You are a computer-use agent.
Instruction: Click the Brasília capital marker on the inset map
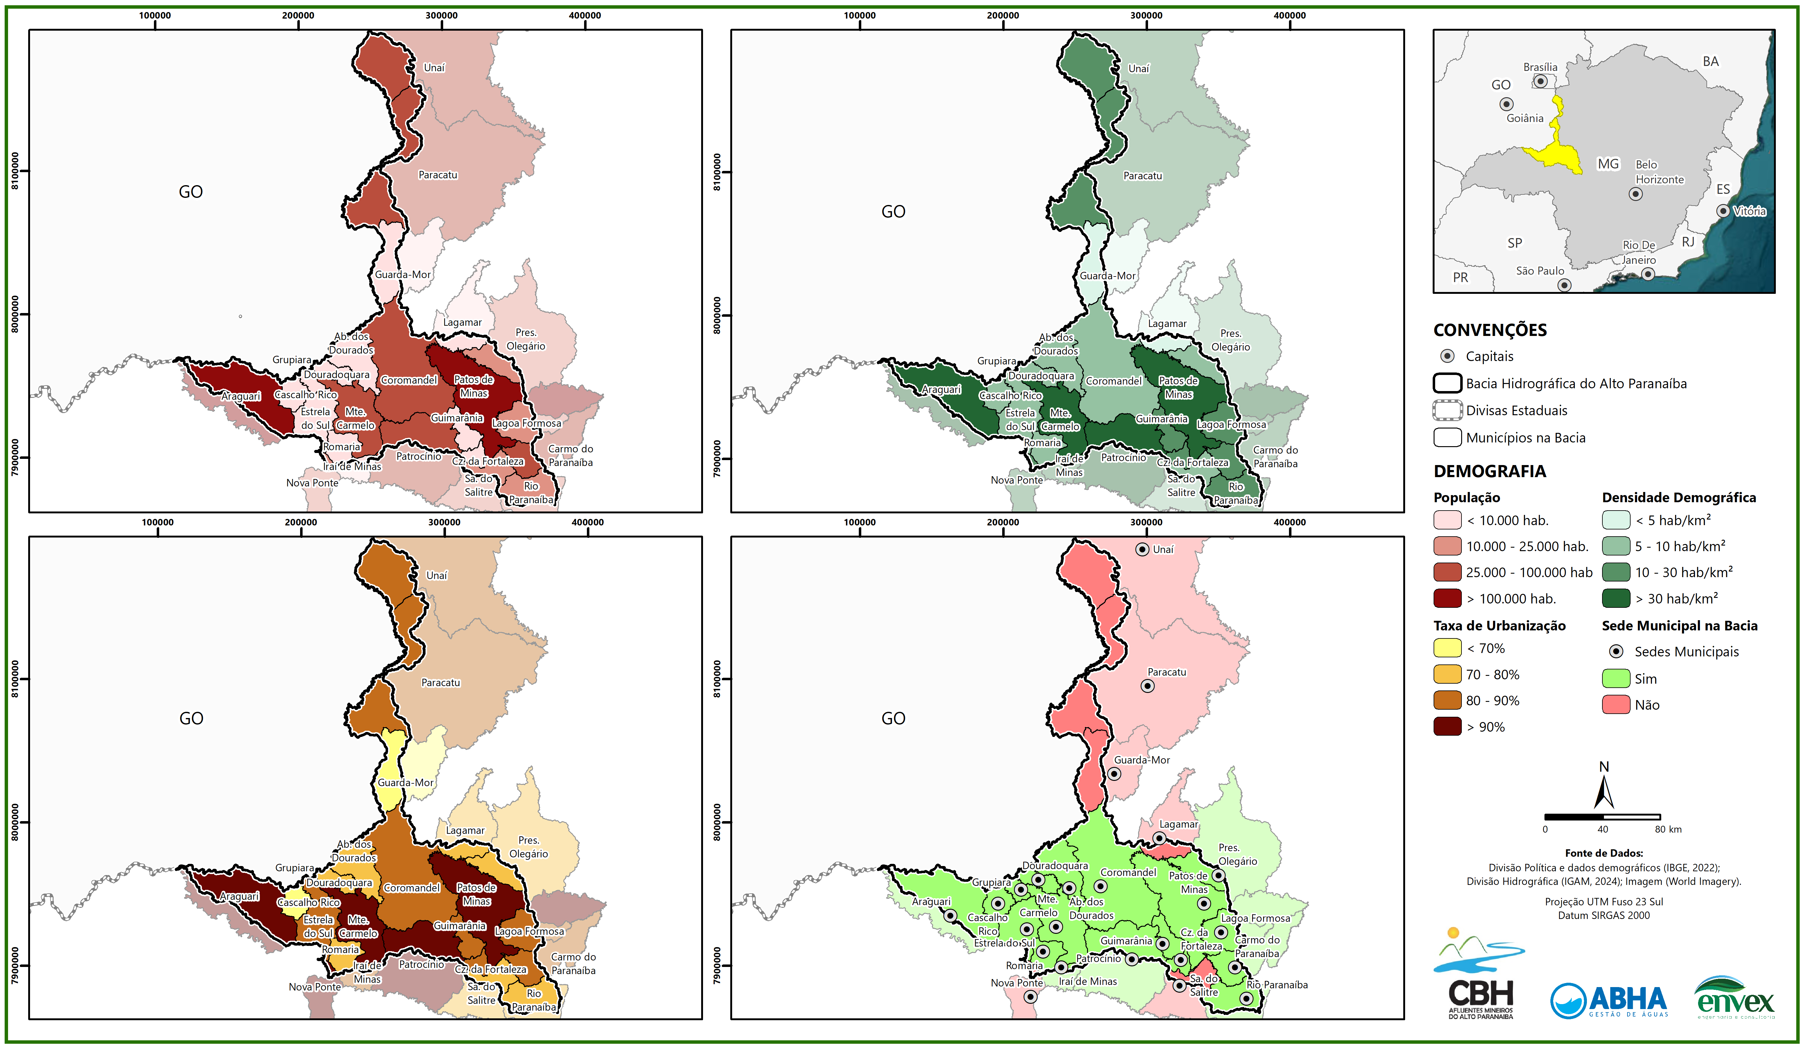point(1540,81)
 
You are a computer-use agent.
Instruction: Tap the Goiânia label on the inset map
point(1525,118)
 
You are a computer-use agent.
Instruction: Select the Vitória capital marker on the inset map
point(1723,211)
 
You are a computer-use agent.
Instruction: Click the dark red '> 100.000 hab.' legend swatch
point(1447,598)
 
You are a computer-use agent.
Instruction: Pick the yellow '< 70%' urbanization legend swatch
point(1447,648)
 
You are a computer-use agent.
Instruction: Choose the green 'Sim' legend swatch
point(1616,678)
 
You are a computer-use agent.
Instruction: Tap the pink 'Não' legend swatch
point(1616,705)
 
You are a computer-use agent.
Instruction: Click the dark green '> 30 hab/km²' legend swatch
point(1616,598)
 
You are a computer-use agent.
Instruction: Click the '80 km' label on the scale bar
point(1668,829)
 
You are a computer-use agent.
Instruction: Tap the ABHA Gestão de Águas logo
point(1609,1000)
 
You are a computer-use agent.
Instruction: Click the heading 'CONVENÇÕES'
point(1490,330)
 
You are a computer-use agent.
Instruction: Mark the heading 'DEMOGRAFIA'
point(1490,471)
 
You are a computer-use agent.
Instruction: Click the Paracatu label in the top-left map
point(437,175)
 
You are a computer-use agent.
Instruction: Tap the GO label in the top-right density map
point(893,212)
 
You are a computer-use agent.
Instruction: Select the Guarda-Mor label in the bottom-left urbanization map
point(405,783)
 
